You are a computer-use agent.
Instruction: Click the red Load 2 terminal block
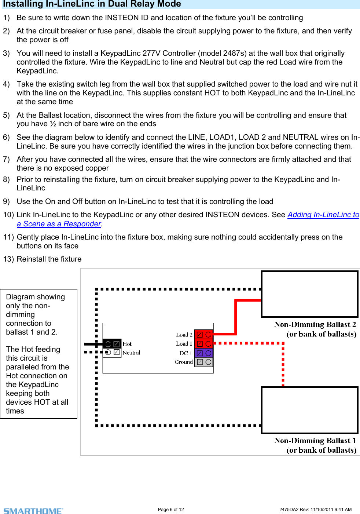click(x=203, y=334)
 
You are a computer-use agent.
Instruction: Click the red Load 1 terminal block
click(x=203, y=344)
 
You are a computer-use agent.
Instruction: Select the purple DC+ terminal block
click(x=203, y=353)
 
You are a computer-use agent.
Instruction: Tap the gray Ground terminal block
click(x=203, y=362)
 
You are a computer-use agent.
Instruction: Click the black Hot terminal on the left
click(x=112, y=344)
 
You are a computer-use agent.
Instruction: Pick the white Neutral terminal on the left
click(x=112, y=352)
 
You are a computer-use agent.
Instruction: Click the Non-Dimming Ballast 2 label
click(x=315, y=325)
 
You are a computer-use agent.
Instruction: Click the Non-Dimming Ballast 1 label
click(x=315, y=441)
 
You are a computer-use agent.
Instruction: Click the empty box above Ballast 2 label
click(x=309, y=294)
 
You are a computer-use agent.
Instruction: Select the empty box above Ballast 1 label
click(x=309, y=410)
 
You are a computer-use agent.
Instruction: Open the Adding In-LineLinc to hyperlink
click(x=323, y=215)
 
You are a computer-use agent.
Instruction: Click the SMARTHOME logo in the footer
click(x=33, y=511)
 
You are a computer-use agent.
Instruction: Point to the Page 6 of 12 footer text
click(x=171, y=510)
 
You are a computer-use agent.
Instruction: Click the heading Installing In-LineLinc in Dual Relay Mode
click(x=92, y=4)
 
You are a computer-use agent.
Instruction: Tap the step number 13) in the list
click(x=8, y=259)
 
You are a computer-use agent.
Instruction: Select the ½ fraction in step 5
click(x=53, y=124)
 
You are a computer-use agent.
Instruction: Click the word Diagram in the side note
click(x=21, y=297)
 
